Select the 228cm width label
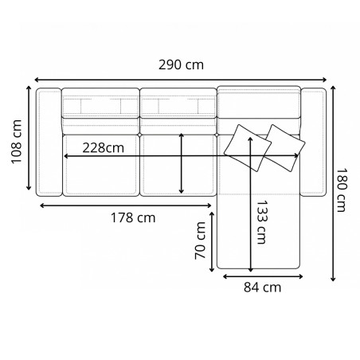click(102, 147)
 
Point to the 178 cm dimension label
click(131, 217)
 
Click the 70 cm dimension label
click(202, 241)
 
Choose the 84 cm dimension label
click(263, 288)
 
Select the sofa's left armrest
click(49, 142)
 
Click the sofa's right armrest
click(314, 142)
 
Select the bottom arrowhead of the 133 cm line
click(252, 269)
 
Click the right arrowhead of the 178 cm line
click(214, 205)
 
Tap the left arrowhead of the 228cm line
click(65, 155)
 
